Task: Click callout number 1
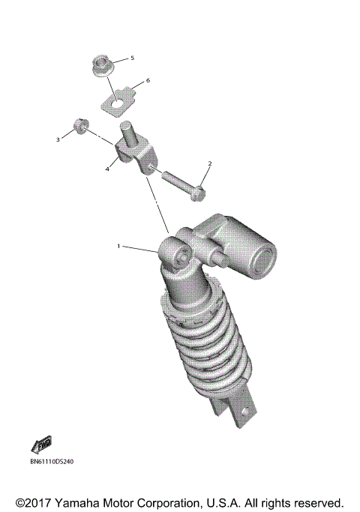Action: pyautogui.click(x=118, y=245)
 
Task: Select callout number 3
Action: pyautogui.click(x=56, y=139)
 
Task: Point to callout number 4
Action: pyautogui.click(x=108, y=169)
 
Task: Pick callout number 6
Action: pyautogui.click(x=148, y=79)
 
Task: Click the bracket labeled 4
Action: pyautogui.click(x=134, y=154)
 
